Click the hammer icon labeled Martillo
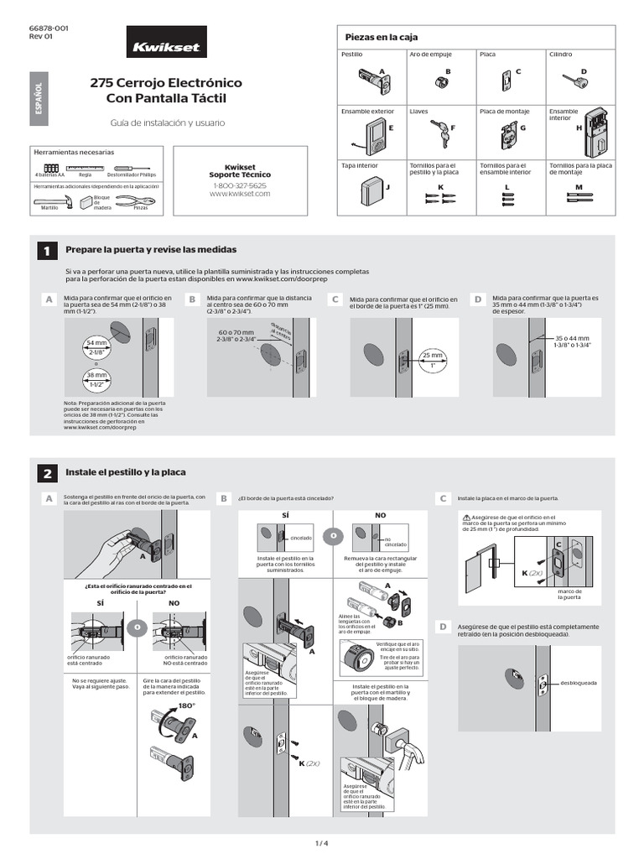55,199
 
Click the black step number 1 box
47,250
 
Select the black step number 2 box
47,474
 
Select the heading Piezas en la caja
376,38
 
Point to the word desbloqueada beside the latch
578,683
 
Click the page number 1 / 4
321,842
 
